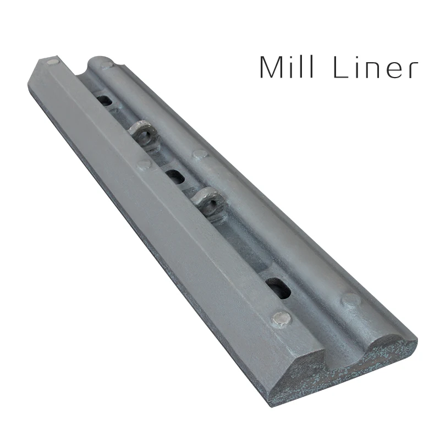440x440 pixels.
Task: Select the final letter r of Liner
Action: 411,71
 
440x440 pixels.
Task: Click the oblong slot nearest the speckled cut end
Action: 278,285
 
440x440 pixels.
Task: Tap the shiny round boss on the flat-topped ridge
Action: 283,318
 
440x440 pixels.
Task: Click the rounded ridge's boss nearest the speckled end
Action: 350,300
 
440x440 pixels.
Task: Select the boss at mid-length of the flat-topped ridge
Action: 144,164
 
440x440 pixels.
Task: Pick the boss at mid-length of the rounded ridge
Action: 199,156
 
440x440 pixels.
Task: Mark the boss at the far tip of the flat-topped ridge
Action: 53,62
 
